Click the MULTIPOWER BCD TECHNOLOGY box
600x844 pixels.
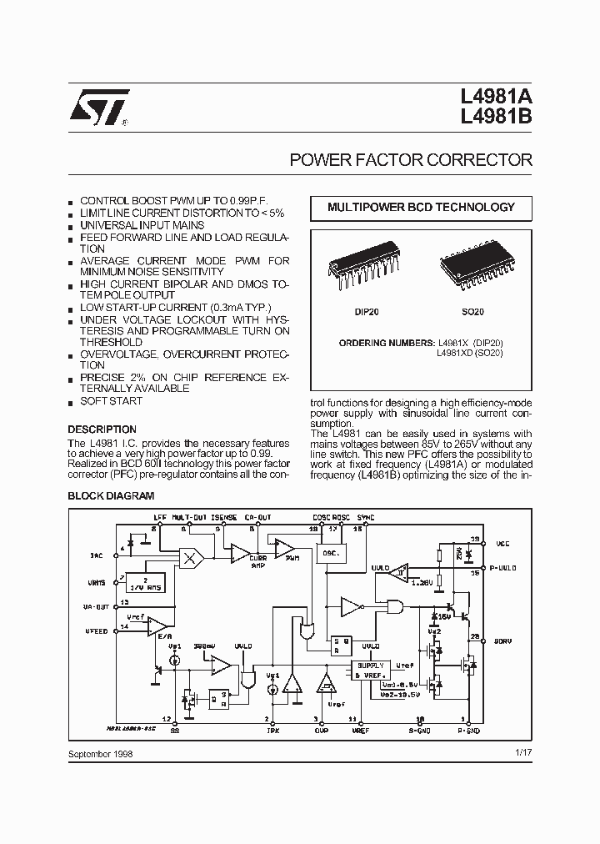coord(421,208)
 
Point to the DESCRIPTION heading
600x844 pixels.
coord(102,430)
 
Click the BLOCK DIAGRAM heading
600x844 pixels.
coord(111,496)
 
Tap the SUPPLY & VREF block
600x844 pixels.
coord(369,669)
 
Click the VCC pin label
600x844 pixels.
coord(502,544)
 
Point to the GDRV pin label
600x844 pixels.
coord(503,641)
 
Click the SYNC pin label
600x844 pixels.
coord(363,517)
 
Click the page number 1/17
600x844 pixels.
coord(523,753)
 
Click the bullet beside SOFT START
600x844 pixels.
coord(72,402)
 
